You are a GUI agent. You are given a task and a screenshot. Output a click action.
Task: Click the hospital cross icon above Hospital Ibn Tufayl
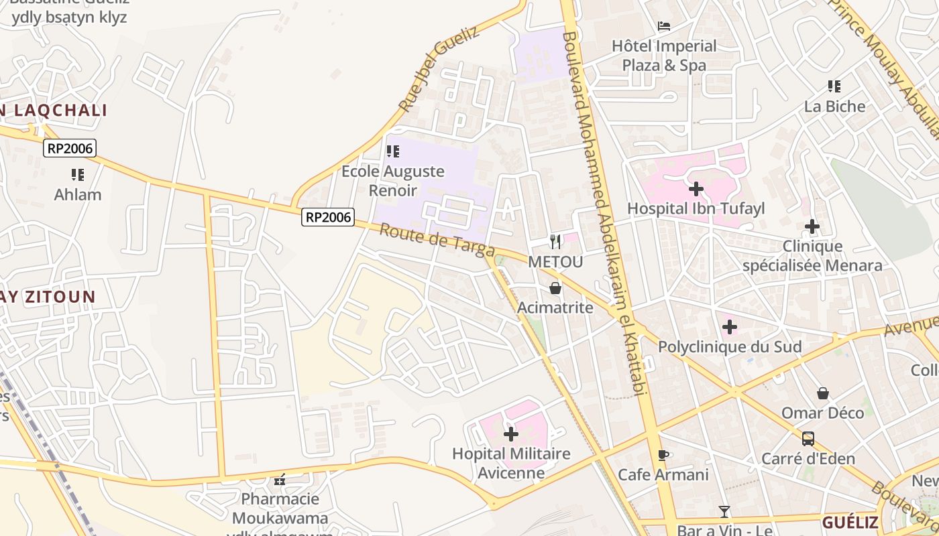pos(696,189)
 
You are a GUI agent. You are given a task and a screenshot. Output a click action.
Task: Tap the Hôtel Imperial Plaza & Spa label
pos(664,56)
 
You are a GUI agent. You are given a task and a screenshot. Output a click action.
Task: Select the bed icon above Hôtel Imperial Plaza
pos(664,26)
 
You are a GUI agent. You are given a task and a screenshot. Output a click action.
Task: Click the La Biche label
pos(834,106)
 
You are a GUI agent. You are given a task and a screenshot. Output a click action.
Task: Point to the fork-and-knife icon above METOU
pos(555,241)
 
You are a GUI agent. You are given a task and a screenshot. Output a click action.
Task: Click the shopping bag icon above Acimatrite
pos(555,288)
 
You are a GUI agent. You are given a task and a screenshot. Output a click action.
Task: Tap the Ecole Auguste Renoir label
pos(393,180)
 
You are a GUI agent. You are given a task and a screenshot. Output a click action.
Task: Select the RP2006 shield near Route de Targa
pos(328,217)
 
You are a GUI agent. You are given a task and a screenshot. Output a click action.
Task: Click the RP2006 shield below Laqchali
pos(70,148)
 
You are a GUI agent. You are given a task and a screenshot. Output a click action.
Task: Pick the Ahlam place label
pos(78,195)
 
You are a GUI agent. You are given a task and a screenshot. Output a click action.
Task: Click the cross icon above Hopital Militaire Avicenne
pos(511,434)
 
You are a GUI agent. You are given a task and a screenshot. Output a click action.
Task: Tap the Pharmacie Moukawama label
pos(280,509)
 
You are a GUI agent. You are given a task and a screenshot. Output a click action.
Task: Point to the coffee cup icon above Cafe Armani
pos(663,455)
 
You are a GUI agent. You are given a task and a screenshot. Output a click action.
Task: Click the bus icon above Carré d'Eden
pos(808,439)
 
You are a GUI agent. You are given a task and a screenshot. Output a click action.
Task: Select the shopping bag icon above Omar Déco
pos(823,393)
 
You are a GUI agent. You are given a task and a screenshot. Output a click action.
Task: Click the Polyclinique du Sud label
pos(730,347)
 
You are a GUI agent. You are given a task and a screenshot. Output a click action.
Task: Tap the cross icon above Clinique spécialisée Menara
pos(812,226)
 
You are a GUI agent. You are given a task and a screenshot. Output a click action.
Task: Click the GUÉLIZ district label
pos(850,523)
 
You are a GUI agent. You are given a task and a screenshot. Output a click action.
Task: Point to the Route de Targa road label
pos(437,241)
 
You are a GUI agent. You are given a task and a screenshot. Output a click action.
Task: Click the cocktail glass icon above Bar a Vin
pos(724,512)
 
